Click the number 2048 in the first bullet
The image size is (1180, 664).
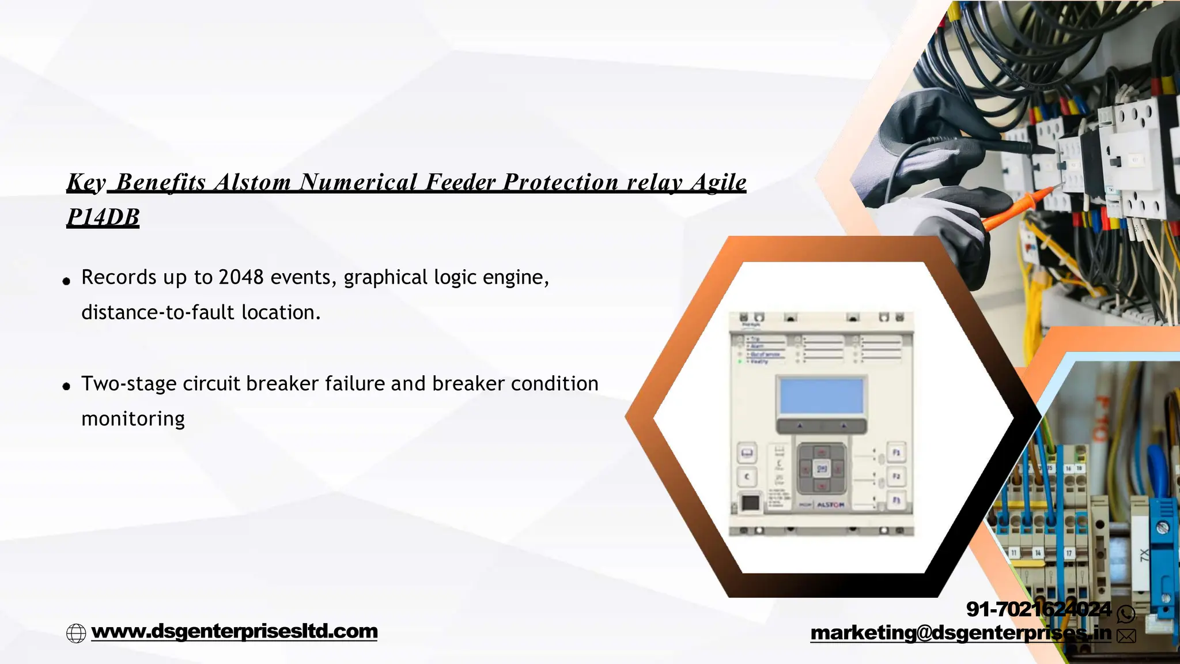tap(241, 277)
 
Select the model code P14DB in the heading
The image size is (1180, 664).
tap(103, 217)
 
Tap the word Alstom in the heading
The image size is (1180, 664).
tap(253, 182)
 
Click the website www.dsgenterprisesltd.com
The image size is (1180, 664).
tap(235, 631)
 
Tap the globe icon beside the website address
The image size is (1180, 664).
tap(76, 633)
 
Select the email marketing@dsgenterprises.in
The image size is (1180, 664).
tap(960, 633)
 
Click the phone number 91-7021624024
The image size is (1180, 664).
tap(1038, 609)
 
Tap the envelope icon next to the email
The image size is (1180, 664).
tap(1126, 636)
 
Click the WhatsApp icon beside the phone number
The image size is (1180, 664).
tap(1126, 614)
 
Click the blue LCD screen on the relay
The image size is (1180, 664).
tap(822, 395)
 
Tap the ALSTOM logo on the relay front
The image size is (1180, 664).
tap(830, 504)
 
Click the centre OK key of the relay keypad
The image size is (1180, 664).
tap(822, 469)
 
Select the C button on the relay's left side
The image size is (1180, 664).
tap(747, 477)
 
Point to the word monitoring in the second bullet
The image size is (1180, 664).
tap(133, 419)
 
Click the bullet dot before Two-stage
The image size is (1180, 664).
tap(67, 386)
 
